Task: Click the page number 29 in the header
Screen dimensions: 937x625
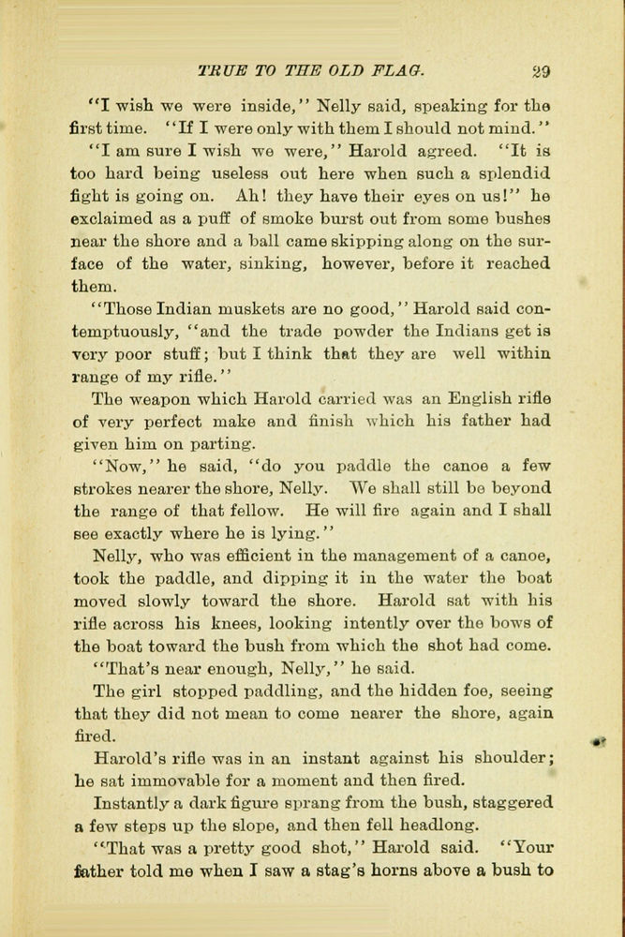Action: click(x=540, y=68)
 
